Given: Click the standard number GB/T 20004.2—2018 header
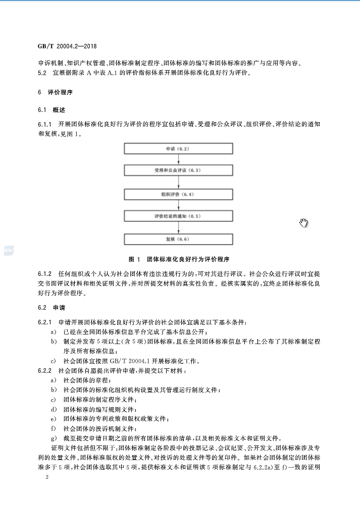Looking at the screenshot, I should [67, 46].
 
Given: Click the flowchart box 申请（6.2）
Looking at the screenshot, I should [179, 149].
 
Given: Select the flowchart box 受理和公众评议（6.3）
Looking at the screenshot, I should [179, 171].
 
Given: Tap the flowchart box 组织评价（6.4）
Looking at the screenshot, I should [179, 194].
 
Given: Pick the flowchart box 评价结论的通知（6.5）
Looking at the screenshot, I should [179, 216].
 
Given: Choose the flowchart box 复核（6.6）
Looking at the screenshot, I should [179, 239].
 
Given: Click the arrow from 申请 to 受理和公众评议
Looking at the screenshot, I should [179, 160].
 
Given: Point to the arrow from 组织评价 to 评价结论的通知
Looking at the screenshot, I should [179, 205].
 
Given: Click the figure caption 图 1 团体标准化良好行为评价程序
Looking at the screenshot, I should [179, 259].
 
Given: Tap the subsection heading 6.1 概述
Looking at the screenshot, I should [52, 110].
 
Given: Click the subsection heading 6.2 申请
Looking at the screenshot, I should [52, 308].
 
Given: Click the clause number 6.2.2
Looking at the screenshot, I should [45, 371].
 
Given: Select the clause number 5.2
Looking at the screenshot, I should [42, 73].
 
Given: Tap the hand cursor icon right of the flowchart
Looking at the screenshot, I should [303, 222].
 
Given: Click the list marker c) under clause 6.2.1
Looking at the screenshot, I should [53, 361].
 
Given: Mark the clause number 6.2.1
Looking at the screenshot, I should [45, 322].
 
